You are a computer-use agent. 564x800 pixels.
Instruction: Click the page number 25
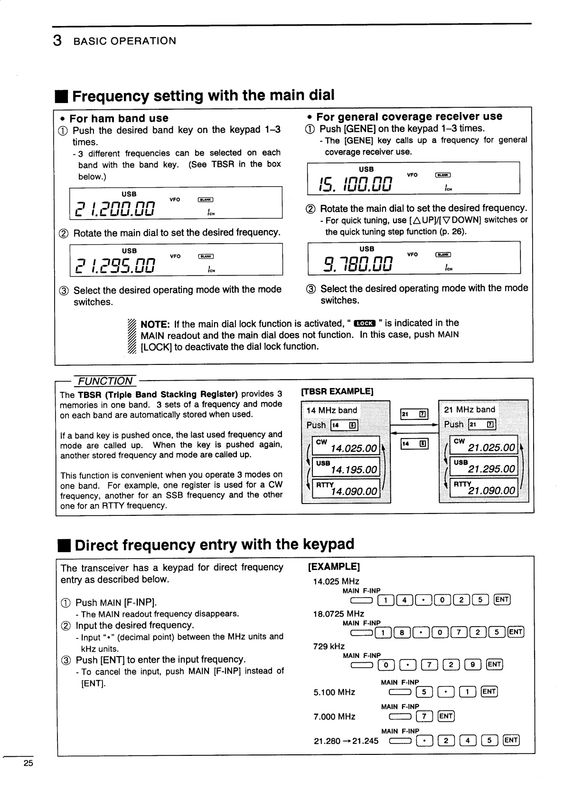28,763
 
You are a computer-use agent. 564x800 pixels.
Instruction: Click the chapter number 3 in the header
57,41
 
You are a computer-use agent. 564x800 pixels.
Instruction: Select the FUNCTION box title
105,381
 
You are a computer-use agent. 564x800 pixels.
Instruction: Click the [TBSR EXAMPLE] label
338,391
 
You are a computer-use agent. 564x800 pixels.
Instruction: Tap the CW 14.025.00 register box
346,446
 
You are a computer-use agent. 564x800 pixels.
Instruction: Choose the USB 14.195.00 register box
346,467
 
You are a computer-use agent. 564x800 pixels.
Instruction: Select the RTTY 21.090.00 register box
484,487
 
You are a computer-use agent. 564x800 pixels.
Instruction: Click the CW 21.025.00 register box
484,445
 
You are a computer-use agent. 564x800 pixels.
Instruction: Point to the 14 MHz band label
332,410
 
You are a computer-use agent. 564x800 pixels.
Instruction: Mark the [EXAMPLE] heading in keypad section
334,567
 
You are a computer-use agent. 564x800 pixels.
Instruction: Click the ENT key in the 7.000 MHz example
446,716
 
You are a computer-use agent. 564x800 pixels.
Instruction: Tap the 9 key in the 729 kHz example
473,664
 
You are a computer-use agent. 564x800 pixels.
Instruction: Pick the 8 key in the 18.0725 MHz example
402,632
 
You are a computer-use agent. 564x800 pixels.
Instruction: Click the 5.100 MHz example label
334,692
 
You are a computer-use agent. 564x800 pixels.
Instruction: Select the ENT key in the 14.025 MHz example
502,600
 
